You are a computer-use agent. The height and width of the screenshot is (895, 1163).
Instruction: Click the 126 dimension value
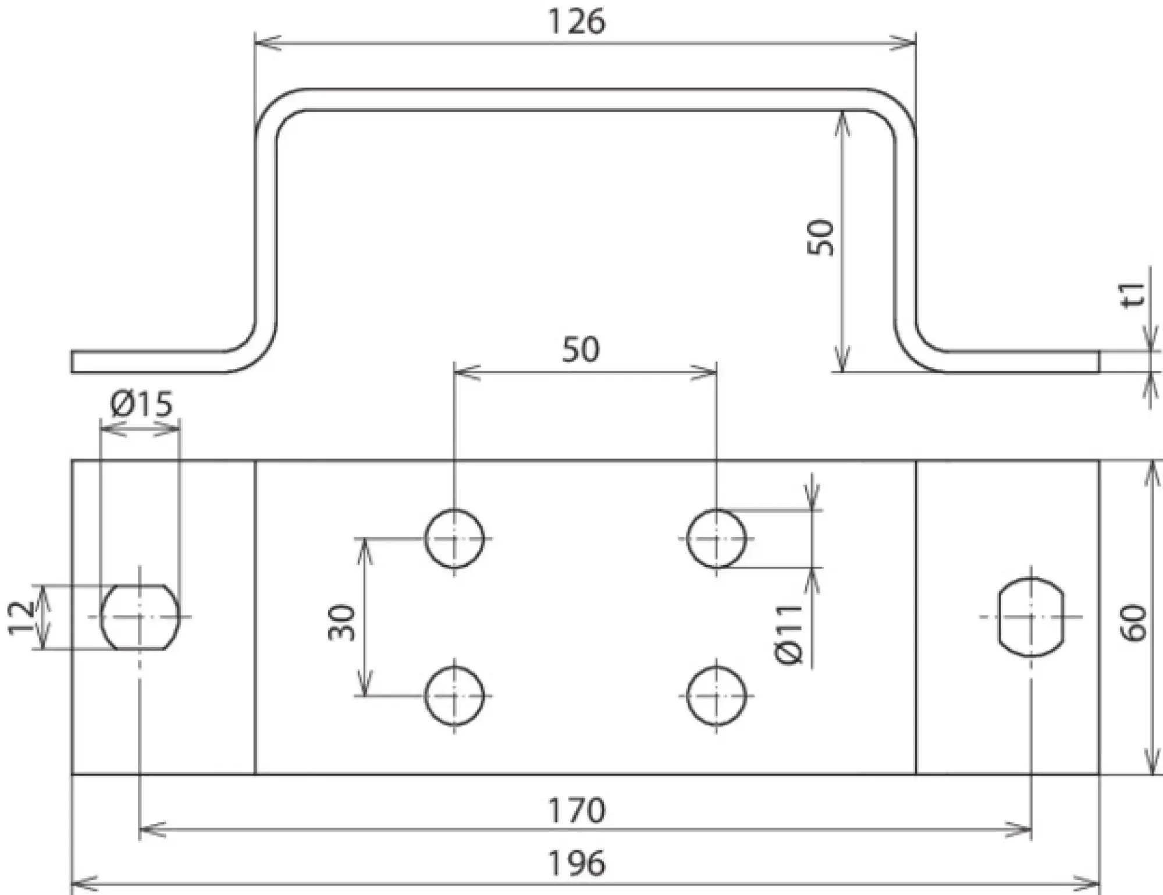coord(577,22)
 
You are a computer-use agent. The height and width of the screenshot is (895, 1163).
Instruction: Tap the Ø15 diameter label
coord(141,404)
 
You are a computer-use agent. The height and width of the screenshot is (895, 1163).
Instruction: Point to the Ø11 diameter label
coord(789,634)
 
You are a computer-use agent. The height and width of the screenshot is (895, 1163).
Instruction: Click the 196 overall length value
coord(577,864)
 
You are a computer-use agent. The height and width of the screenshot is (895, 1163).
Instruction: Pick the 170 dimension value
coord(577,811)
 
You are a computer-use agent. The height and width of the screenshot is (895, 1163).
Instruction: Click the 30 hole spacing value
coord(342,623)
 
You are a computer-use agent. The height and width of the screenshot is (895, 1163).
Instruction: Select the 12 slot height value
coord(21,617)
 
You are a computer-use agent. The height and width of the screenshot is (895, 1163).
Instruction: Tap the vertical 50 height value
coord(821,237)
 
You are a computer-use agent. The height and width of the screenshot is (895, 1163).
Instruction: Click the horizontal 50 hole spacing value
coord(581,350)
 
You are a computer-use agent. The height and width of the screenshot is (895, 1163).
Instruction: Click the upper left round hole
coord(454,539)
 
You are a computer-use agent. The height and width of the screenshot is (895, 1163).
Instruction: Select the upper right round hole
coord(716,539)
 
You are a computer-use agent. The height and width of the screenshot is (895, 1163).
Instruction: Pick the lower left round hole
coord(454,696)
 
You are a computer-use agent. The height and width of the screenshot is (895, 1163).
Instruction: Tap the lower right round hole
coord(716,696)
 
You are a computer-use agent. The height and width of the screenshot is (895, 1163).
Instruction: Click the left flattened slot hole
coord(140,617)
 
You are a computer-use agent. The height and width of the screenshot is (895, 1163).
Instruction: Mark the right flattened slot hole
coord(1031,617)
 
